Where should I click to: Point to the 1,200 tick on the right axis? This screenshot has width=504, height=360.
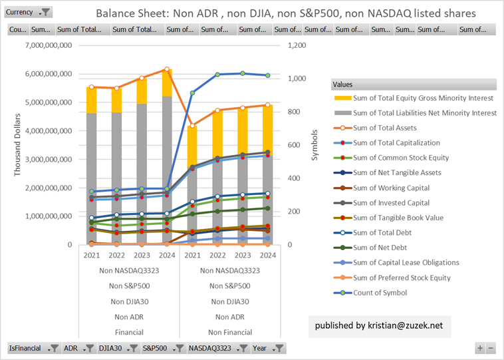[x=297, y=45]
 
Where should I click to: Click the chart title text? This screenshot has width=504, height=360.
[x=285, y=13]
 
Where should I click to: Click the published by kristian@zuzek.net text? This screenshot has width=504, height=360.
[x=379, y=326]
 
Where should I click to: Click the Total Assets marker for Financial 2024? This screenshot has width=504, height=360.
[x=168, y=69]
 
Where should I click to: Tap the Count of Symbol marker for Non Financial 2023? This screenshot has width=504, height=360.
[x=242, y=73]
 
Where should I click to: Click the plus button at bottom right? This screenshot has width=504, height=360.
[x=479, y=348]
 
